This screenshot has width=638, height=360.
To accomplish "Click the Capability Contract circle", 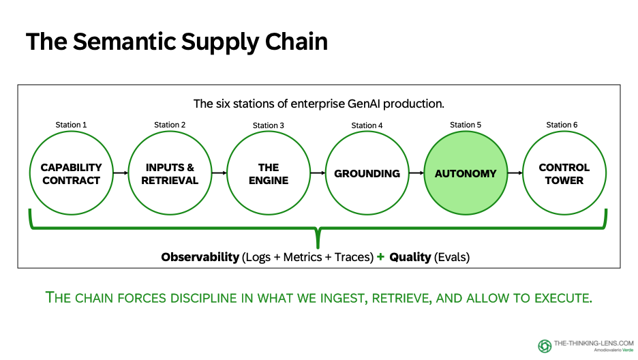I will [x=70, y=173].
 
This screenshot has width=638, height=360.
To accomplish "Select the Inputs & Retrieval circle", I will [x=169, y=173].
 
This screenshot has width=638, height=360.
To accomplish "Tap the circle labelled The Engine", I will [x=268, y=173].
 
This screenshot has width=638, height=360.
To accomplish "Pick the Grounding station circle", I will [x=367, y=173].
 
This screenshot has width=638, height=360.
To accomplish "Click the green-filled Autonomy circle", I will [x=466, y=173].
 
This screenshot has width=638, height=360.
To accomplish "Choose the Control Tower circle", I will [x=564, y=173].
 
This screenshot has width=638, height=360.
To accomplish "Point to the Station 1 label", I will [x=71, y=125].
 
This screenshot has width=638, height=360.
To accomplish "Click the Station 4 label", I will [x=367, y=125].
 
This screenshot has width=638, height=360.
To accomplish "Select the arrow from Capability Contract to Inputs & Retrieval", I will [x=119, y=173].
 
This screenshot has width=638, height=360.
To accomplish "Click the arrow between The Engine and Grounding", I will [x=317, y=173].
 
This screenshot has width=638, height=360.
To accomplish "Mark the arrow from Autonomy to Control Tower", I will [x=515, y=173].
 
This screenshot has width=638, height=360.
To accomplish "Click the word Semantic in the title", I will [x=126, y=42].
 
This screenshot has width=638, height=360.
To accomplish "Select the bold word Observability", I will [x=200, y=257].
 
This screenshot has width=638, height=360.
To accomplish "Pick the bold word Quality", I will [x=410, y=257].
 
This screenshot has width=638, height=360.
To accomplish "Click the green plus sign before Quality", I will [x=380, y=257].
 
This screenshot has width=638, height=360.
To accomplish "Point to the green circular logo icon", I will [x=545, y=346].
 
